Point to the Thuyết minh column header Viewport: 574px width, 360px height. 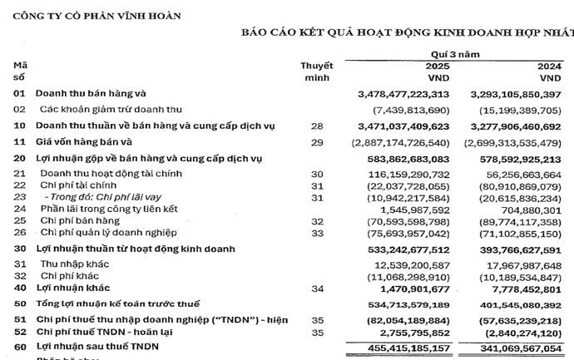(316, 71)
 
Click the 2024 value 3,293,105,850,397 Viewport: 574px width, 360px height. (516, 94)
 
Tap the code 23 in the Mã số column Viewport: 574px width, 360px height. (20, 197)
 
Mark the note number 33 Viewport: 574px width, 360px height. (316, 234)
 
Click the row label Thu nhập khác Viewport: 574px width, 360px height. (71, 264)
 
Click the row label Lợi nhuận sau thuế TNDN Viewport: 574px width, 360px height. (96, 345)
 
